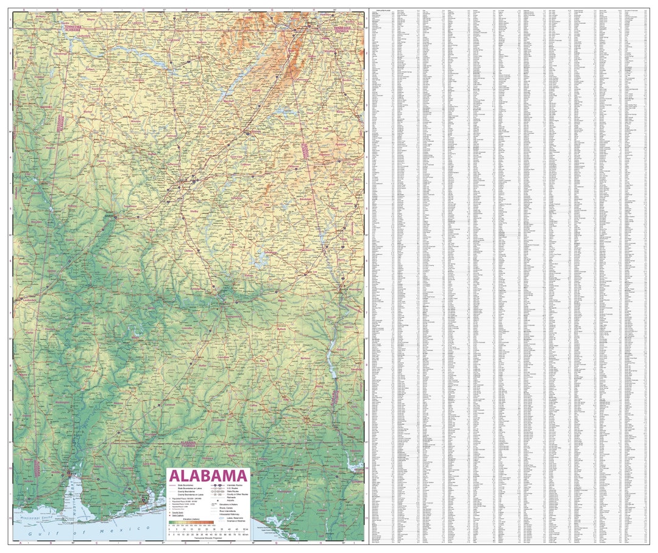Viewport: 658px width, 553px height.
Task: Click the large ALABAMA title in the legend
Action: point(208,475)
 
